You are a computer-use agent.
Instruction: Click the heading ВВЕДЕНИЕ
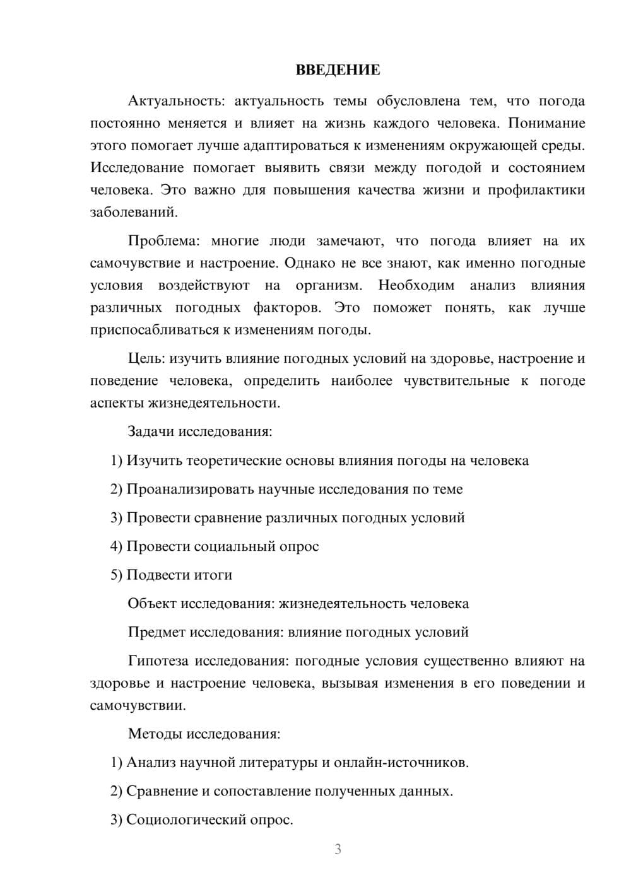(x=338, y=70)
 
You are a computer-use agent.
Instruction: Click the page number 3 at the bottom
(x=338, y=849)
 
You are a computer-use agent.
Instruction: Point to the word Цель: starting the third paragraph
(x=146, y=358)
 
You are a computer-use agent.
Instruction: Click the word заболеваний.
(x=134, y=212)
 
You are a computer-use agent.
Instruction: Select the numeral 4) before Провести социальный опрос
(x=116, y=546)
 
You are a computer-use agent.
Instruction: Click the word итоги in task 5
(x=211, y=575)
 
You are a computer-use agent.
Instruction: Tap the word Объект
(x=151, y=604)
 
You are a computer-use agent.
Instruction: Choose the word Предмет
(x=156, y=632)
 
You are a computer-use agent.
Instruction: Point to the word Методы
(x=153, y=734)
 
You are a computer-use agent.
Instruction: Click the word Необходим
(x=416, y=285)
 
